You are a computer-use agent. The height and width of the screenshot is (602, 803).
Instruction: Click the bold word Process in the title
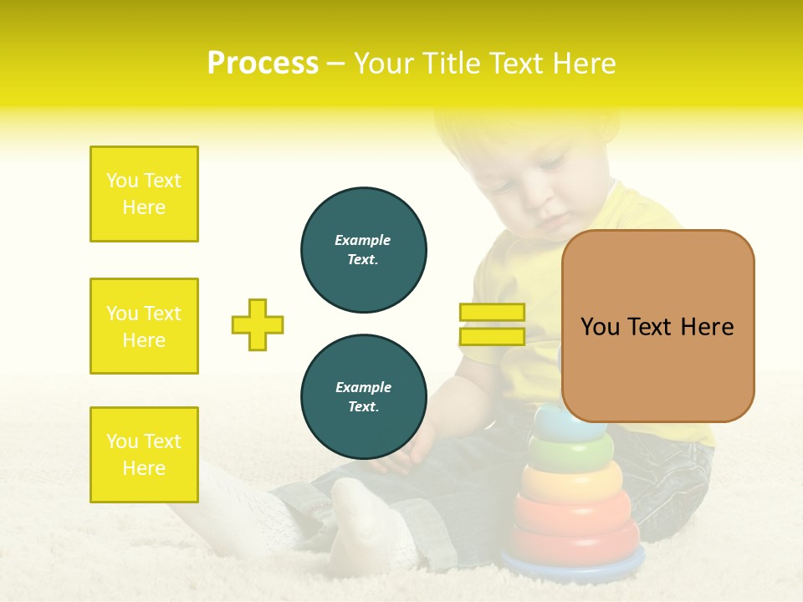pos(263,64)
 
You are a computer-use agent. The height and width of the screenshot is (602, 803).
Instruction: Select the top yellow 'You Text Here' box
pos(144,194)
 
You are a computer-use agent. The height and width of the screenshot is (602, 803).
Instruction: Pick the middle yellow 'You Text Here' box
pos(144,326)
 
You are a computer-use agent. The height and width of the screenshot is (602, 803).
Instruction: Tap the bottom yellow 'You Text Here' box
pos(144,455)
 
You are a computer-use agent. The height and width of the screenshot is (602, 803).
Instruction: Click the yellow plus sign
pos(258,324)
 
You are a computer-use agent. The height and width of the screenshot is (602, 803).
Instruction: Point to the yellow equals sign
pos(492,324)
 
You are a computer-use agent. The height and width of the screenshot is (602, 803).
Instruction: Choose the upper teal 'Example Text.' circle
pos(363,249)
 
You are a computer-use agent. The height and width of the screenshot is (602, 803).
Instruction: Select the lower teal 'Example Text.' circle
pos(363,396)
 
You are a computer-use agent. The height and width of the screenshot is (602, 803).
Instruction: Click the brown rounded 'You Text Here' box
pos(657,326)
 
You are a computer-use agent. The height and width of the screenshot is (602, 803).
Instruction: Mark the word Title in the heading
pos(453,64)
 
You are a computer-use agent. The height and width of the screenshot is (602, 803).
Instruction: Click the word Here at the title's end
pos(583,64)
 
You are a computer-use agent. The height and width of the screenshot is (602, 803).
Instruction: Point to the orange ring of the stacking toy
pos(572,482)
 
